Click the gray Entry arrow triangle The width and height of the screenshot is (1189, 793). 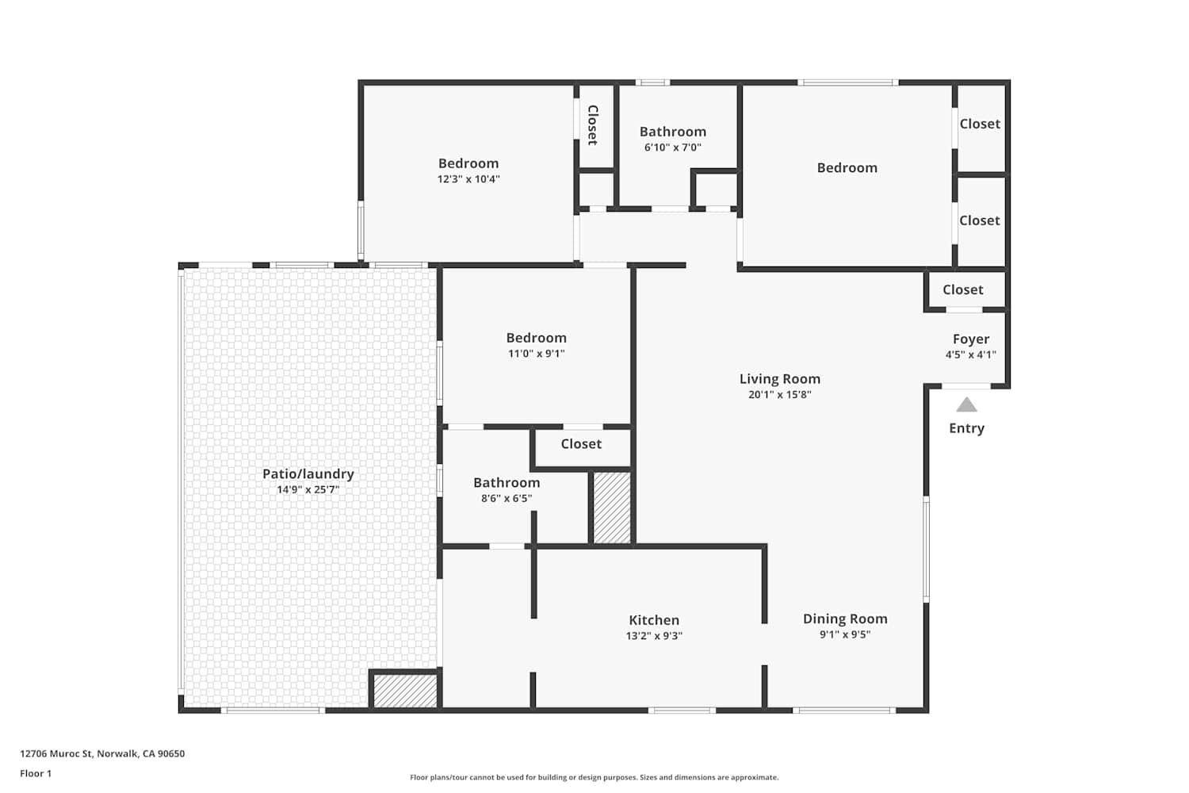(966, 404)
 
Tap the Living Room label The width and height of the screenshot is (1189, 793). (780, 379)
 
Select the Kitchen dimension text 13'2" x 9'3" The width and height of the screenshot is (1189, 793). (654, 636)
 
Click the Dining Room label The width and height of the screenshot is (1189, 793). (845, 619)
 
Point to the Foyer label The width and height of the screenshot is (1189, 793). (971, 339)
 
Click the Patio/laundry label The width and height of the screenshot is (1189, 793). (308, 474)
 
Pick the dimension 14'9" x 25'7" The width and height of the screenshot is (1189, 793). (308, 490)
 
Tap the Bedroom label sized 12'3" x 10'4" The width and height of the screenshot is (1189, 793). (468, 163)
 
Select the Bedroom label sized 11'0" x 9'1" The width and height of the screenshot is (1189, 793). (536, 338)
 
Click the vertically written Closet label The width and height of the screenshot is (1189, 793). (593, 125)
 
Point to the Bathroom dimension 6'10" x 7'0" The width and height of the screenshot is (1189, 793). (672, 147)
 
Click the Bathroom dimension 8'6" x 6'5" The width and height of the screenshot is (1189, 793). (507, 498)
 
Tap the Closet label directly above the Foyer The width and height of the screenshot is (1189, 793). (963, 289)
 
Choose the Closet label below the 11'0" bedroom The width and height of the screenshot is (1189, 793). (581, 443)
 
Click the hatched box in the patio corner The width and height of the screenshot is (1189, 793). (405, 691)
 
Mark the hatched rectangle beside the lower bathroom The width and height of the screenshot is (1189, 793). (611, 508)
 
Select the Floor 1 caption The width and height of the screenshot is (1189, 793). (36, 773)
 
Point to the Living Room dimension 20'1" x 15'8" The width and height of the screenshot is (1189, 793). (780, 395)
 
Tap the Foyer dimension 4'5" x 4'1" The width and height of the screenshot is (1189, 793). (971, 354)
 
